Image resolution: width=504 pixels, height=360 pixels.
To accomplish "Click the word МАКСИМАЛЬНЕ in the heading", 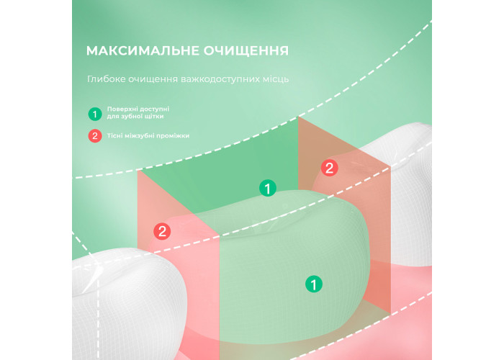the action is [143, 51].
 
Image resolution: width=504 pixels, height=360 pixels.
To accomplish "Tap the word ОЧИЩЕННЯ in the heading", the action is [246, 51].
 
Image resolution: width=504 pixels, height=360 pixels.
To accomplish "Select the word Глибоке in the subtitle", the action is [106, 79].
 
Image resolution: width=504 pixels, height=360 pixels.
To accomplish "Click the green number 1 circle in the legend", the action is [95, 114].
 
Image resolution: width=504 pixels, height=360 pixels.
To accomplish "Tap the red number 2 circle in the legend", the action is [95, 135].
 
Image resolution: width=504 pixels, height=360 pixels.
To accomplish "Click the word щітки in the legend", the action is [155, 117].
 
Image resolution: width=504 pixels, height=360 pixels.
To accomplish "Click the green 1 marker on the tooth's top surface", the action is [268, 188].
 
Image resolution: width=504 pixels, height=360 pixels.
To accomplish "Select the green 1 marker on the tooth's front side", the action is [314, 284].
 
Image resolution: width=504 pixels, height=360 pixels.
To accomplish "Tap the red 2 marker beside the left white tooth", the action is [162, 231].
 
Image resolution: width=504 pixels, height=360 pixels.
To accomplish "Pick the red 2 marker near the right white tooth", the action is [330, 168].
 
